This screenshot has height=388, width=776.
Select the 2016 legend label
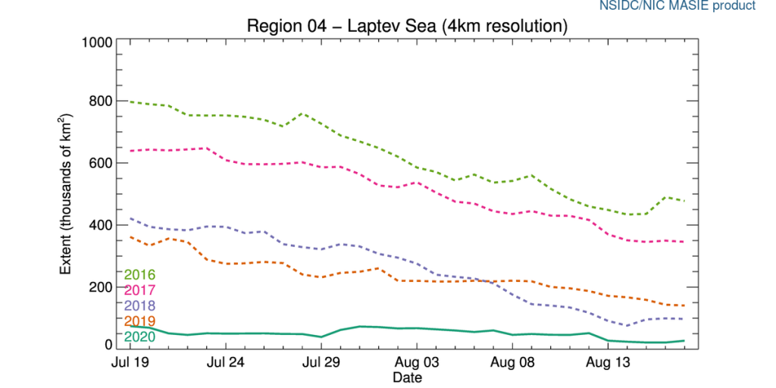coord(139,274)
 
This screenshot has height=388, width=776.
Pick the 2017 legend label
coord(139,289)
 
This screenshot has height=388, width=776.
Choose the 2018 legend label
coord(139,305)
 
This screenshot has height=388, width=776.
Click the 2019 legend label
coord(139,321)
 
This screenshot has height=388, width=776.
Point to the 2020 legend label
coord(139,336)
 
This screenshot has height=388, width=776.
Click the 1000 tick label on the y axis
coord(97,41)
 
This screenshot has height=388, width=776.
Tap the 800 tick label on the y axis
coord(101,102)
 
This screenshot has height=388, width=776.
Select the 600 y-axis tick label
coord(101,163)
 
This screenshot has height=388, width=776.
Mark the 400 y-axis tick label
coord(101,225)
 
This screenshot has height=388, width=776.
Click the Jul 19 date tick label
coord(131,363)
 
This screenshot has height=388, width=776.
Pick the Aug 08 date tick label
coord(513,363)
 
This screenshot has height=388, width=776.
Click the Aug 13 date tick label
coord(609,363)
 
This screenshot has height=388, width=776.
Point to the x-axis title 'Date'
coord(408,377)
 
